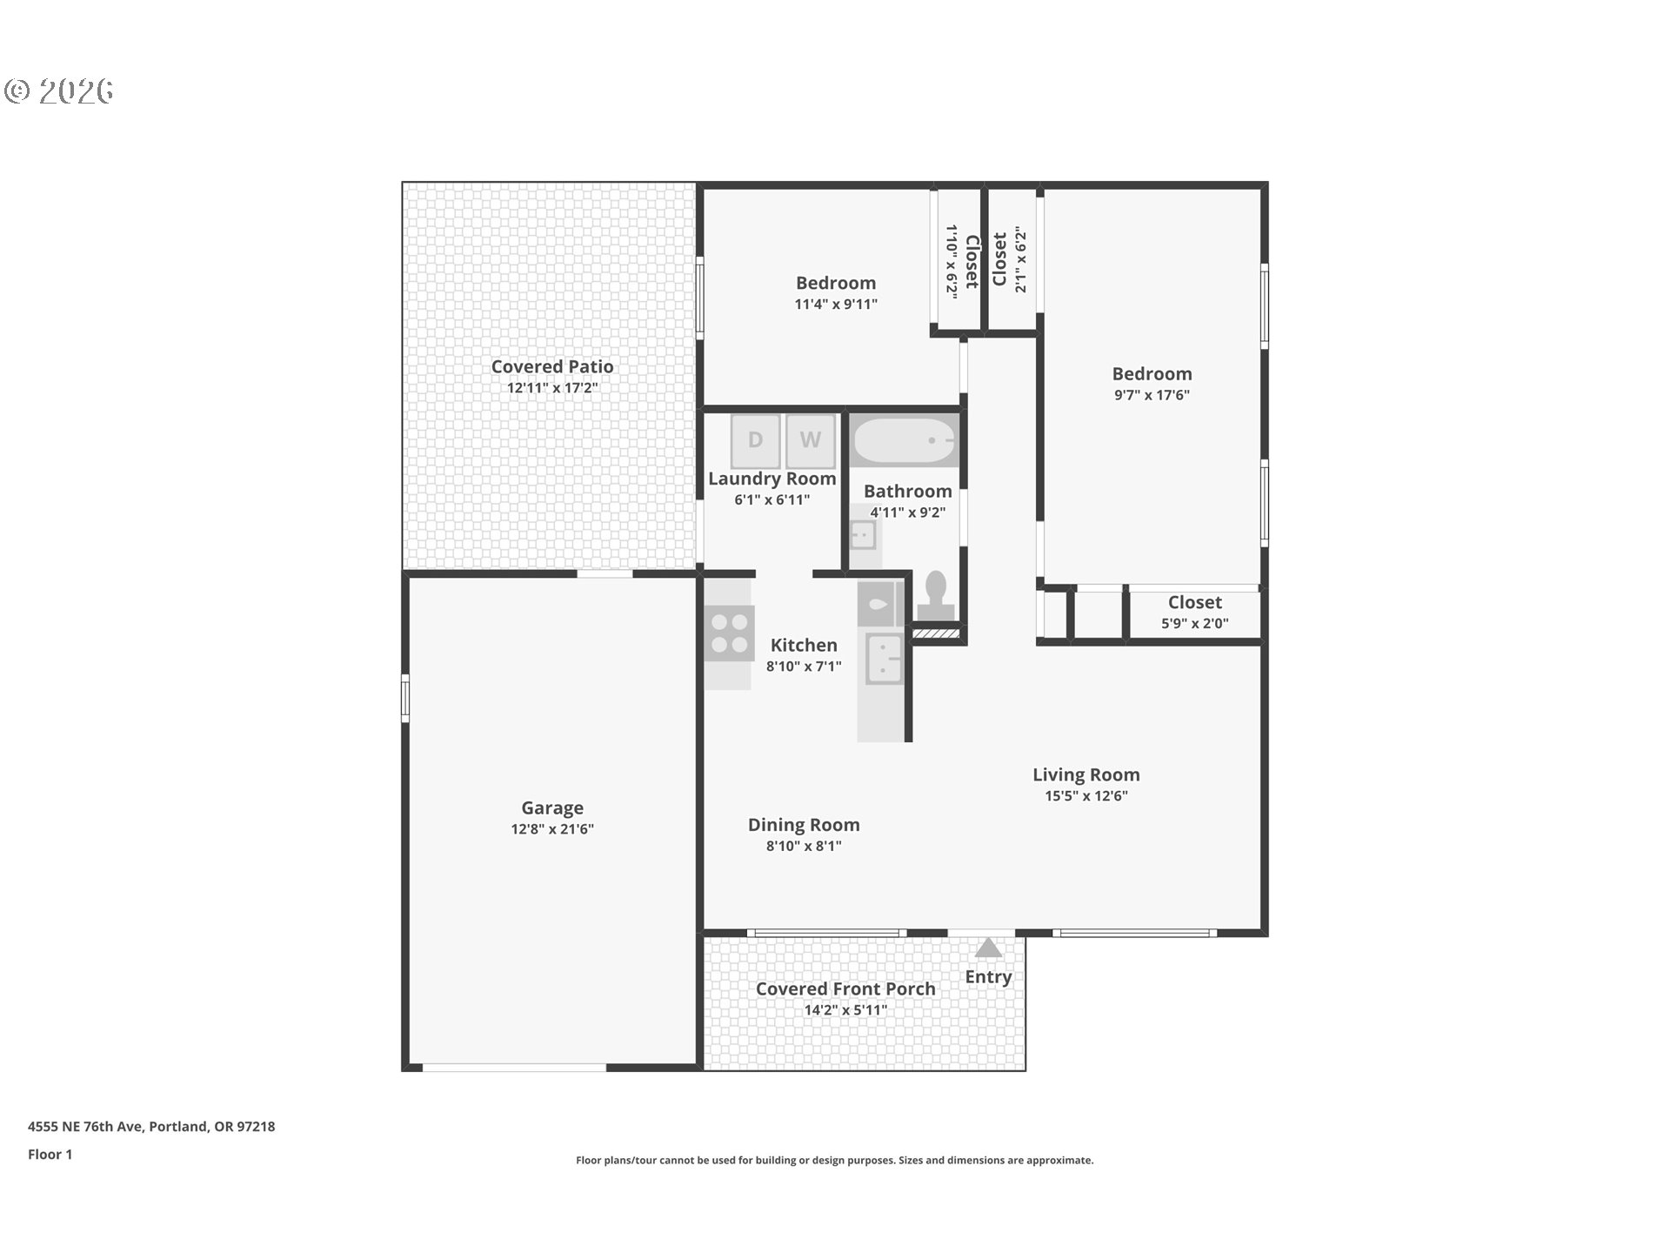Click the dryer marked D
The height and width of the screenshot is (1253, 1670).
pyautogui.click(x=755, y=440)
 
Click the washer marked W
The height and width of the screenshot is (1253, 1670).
pyautogui.click(x=811, y=440)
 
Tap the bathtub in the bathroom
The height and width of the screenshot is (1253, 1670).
pyautogui.click(x=905, y=440)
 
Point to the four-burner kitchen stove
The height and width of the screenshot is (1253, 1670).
pyautogui.click(x=730, y=633)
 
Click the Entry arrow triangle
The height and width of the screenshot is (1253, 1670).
pyautogui.click(x=988, y=948)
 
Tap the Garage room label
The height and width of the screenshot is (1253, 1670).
pyautogui.click(x=552, y=808)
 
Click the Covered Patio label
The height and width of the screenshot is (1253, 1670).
pyautogui.click(x=552, y=367)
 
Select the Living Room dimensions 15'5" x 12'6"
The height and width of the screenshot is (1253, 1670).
pyautogui.click(x=1086, y=795)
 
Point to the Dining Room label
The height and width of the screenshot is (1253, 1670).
pyautogui.click(x=804, y=825)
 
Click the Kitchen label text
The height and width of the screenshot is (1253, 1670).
pyautogui.click(x=804, y=646)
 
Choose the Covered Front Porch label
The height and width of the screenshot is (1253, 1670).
pyautogui.click(x=845, y=989)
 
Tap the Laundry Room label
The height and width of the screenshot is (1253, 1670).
pyautogui.click(x=772, y=479)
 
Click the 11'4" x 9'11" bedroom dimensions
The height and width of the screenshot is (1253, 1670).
pyautogui.click(x=836, y=305)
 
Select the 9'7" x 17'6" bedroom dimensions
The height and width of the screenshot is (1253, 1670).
pyautogui.click(x=1152, y=395)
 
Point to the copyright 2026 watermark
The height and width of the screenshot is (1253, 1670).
pyautogui.click(x=59, y=90)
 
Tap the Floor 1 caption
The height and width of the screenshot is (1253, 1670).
pyautogui.click(x=50, y=1155)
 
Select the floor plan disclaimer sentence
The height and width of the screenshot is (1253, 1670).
pyautogui.click(x=835, y=1160)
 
